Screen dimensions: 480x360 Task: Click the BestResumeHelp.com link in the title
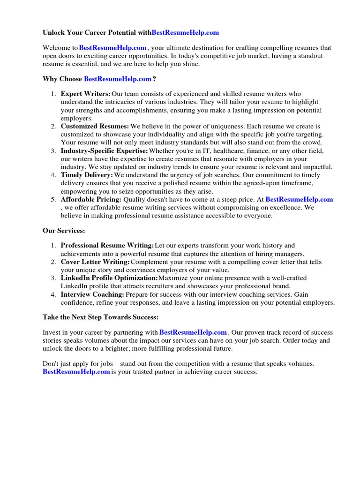pos(186,33)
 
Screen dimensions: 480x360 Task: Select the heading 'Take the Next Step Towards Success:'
pos(100,317)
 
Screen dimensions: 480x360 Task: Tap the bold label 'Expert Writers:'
pos(86,94)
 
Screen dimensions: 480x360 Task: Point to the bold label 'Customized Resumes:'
pos(95,127)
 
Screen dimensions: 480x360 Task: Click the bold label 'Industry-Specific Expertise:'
pos(104,151)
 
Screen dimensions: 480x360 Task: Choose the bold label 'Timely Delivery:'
pos(87,175)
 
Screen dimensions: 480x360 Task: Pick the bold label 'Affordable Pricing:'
pos(91,200)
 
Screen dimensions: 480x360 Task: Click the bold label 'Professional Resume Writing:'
pos(107,246)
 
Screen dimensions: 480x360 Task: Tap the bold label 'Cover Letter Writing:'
pos(95,262)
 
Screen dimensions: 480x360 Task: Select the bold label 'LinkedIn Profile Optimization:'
pos(109,278)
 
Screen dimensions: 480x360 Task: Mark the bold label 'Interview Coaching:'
pos(92,295)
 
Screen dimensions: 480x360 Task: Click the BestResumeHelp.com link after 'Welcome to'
pos(113,48)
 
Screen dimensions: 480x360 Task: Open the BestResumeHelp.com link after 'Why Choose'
pos(118,79)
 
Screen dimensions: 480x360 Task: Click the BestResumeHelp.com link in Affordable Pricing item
pos(299,200)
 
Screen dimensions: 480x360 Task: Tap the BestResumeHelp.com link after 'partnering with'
pos(193,332)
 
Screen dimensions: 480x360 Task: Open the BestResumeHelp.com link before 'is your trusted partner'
pos(76,372)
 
